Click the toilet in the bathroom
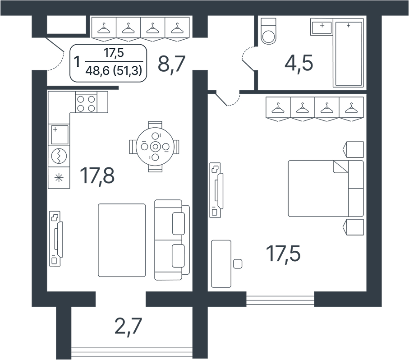(x=268, y=31)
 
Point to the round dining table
(x=155, y=147)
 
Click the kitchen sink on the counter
(x=60, y=134)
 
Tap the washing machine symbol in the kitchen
(x=59, y=156)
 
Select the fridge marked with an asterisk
(x=59, y=178)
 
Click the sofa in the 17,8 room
(x=172, y=240)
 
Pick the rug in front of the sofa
(x=122, y=240)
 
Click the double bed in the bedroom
(x=326, y=189)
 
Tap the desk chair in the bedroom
(x=238, y=264)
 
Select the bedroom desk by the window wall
(x=221, y=264)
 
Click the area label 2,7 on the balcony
(x=128, y=327)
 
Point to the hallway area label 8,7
(x=171, y=64)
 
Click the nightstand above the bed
(x=353, y=149)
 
